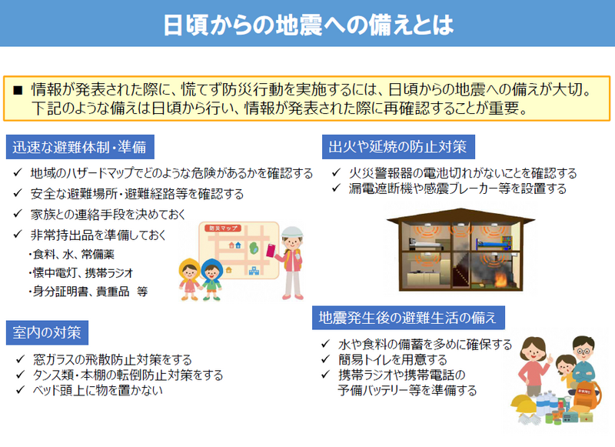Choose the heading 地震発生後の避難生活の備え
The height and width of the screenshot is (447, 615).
click(x=407, y=317)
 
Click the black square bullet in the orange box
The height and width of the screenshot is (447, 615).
click(x=18, y=89)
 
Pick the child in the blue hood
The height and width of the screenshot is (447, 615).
click(x=211, y=276)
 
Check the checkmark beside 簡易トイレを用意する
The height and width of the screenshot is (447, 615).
click(x=327, y=360)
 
